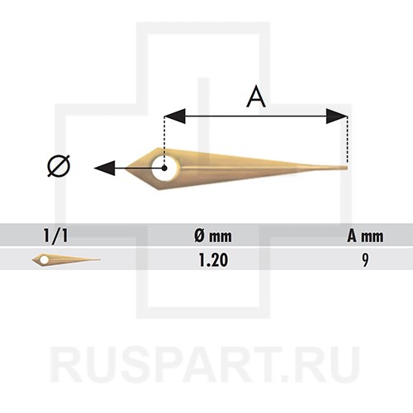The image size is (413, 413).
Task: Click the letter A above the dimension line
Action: coord(256,97)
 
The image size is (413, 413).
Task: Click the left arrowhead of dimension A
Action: coord(175,116)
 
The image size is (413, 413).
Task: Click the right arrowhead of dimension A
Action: coord(336,116)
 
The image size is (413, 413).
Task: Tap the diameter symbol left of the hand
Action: coord(59,166)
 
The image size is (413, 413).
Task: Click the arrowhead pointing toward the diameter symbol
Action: coord(105,168)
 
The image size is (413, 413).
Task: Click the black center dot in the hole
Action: coord(164,168)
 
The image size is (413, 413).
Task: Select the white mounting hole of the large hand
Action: coord(165,169)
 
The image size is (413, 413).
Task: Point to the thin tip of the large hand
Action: coord(347,168)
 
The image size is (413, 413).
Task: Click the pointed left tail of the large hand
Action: coord(126,168)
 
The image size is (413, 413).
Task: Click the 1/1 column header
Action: coord(55,236)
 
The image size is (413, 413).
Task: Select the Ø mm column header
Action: coord(213,236)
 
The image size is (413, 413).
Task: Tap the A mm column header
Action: coord(365,236)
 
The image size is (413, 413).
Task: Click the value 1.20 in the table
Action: coord(213,260)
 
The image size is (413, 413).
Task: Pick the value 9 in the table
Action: coord(365,260)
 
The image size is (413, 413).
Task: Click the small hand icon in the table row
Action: coord(66,259)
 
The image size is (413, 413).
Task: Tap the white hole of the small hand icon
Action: coord(44,259)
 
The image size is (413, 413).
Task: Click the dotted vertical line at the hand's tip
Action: coord(348,140)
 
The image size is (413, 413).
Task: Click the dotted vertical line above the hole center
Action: coord(164,141)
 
